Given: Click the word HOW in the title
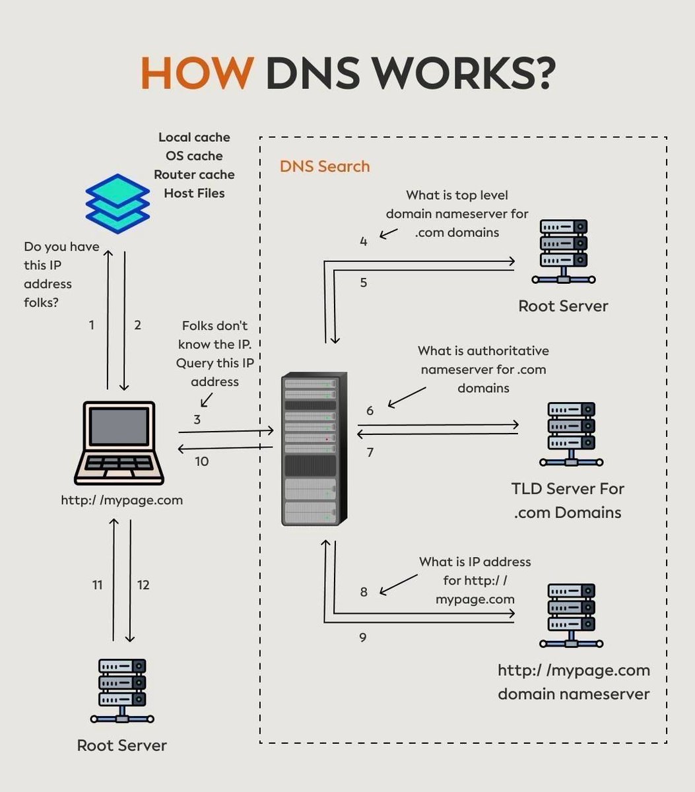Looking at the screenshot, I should (x=197, y=73).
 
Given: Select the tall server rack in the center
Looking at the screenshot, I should (x=310, y=449).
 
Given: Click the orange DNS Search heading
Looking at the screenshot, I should (x=325, y=166).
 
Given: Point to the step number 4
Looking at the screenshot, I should (x=364, y=242).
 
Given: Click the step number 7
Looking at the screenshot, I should (x=370, y=453).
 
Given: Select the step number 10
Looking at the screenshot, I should (x=202, y=461).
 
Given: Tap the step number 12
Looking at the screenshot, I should (x=143, y=585).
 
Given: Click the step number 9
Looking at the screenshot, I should (x=363, y=638).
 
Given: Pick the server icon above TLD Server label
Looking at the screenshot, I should (x=571, y=434).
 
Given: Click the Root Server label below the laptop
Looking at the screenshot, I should (x=122, y=745).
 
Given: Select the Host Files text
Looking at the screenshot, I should (x=194, y=193).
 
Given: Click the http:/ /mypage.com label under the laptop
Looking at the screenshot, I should (x=122, y=500).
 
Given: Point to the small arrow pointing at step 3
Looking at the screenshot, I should (x=206, y=400).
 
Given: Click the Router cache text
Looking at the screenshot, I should (x=194, y=175).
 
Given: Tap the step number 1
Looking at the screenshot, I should (x=92, y=325).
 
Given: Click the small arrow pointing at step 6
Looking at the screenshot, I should (x=407, y=397).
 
